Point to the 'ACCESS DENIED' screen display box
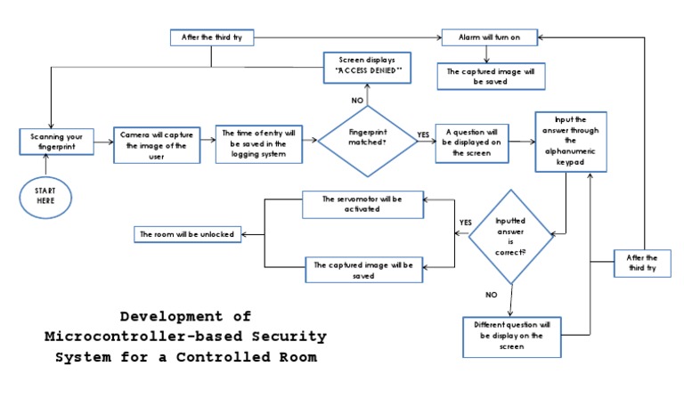coord(368,66)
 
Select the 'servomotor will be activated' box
coord(363,205)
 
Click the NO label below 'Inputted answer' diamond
coord(491,294)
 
